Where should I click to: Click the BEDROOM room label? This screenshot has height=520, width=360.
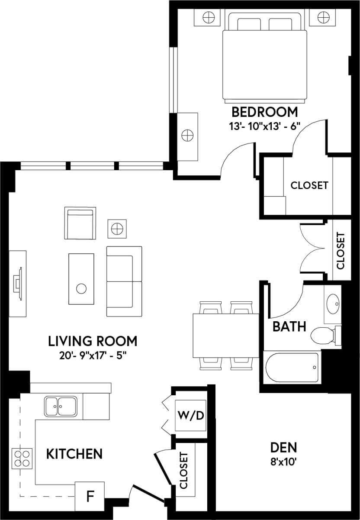click(x=265, y=112)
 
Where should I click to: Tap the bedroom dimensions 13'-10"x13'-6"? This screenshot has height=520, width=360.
click(x=265, y=126)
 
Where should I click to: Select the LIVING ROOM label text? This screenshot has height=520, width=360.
click(x=93, y=341)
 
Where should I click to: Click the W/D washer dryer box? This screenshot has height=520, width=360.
click(x=190, y=416)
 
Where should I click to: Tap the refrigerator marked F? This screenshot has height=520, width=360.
click(x=90, y=496)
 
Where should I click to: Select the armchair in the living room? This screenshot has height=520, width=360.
click(x=80, y=222)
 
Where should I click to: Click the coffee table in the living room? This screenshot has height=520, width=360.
click(x=81, y=279)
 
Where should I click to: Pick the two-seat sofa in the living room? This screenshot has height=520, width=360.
click(x=125, y=281)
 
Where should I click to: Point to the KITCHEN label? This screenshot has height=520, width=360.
click(x=74, y=454)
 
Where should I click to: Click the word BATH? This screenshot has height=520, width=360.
click(x=289, y=326)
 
